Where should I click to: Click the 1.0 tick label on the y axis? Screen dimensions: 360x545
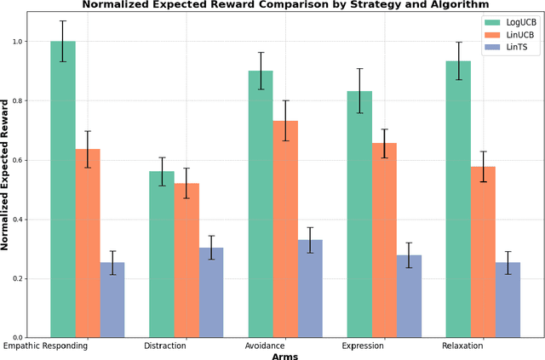pos(25,42)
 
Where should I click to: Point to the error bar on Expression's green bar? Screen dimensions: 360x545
pos(359,91)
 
